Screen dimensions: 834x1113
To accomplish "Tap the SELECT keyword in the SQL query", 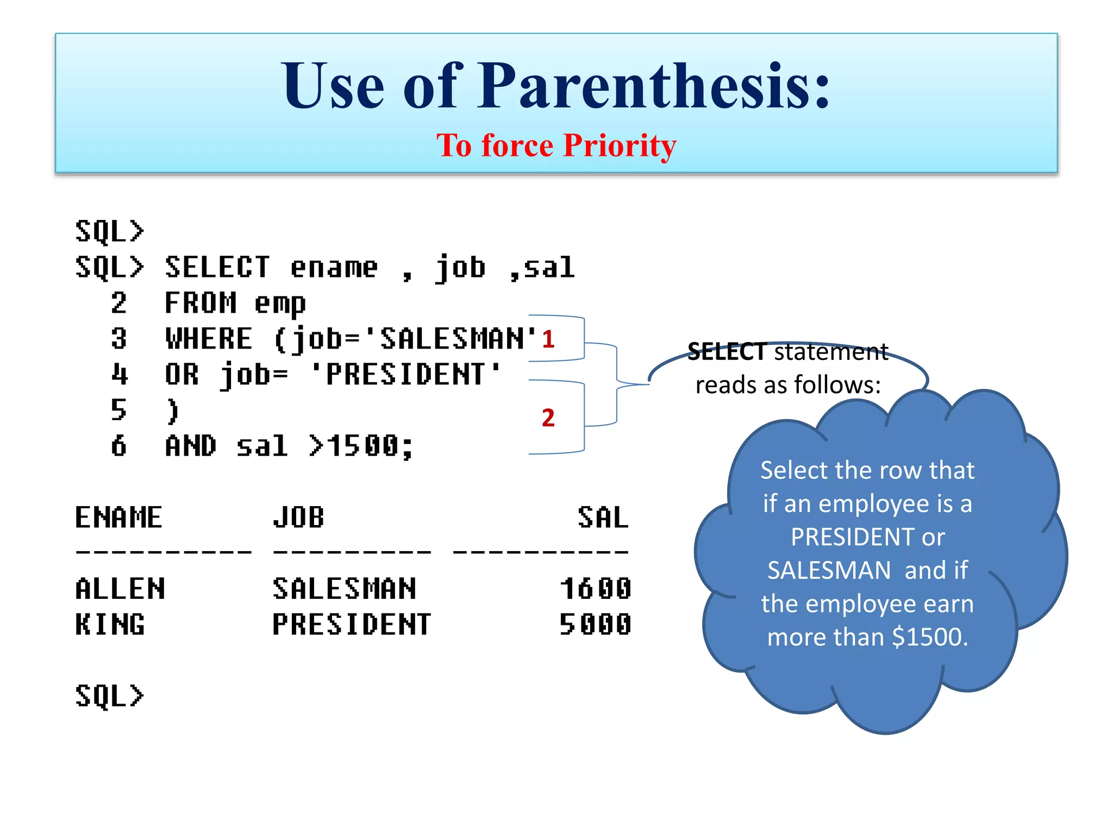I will point(217,267).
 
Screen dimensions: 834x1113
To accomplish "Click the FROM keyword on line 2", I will point(201,303).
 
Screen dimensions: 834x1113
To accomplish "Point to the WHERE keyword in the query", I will point(209,339).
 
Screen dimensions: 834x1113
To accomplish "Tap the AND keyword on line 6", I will point(191,446).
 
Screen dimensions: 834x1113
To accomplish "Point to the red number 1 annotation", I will point(548,339).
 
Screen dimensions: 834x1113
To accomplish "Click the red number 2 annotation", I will point(548,418).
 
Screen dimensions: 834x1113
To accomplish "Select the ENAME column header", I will point(118,517).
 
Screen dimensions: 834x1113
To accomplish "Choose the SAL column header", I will point(603,517).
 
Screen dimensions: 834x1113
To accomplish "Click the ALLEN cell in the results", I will point(120,589).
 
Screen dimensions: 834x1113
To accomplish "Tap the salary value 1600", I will point(596,589).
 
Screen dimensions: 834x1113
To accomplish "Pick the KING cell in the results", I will point(110,624).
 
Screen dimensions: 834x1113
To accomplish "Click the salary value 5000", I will point(596,624).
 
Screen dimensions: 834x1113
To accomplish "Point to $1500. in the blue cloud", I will point(930,637).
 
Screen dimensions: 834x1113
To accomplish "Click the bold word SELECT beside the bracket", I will point(727,352).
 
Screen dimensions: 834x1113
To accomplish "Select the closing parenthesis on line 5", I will point(173,410).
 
